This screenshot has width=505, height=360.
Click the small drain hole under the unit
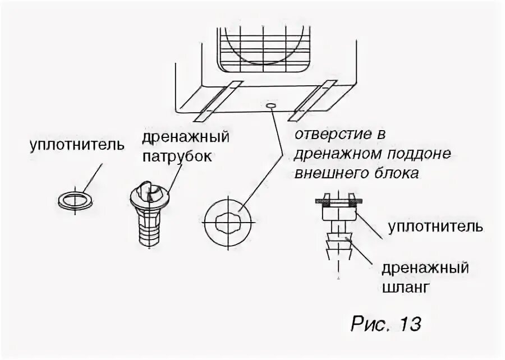272,105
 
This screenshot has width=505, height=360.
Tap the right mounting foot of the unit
314,100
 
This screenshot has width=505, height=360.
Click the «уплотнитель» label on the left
77,145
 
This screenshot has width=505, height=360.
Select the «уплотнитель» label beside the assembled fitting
435,228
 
